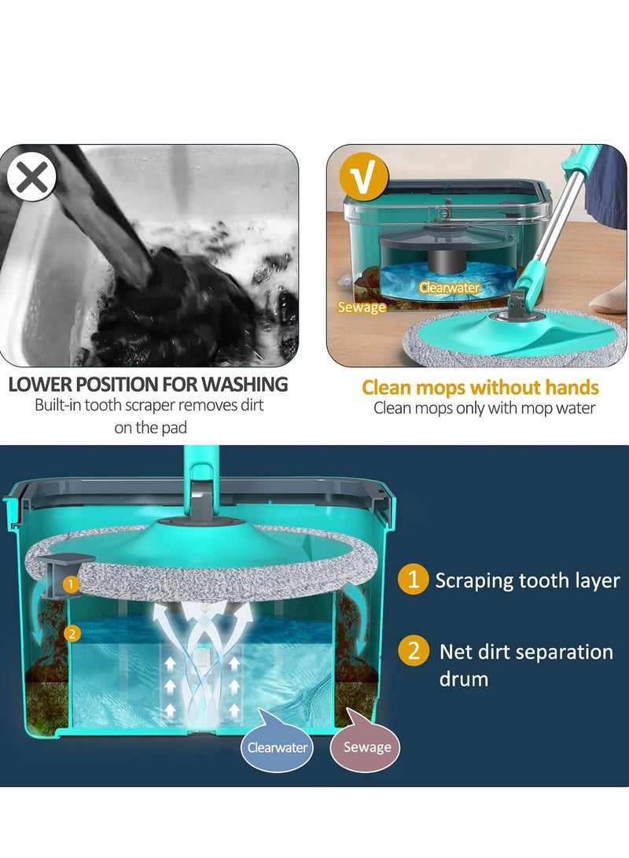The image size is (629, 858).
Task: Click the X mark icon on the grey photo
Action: click(32, 178)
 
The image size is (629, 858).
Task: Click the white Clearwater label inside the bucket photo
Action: click(449, 288)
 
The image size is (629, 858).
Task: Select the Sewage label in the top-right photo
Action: click(362, 307)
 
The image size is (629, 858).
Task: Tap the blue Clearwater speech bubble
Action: click(277, 747)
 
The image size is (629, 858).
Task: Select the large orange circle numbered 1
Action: click(414, 580)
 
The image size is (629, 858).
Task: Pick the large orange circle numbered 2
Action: click(414, 652)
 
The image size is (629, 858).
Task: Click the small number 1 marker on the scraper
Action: click(71, 584)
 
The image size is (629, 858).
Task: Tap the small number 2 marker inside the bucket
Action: click(72, 633)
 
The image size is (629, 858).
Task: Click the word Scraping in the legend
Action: click(474, 581)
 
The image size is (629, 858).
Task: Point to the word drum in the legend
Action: click(464, 679)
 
